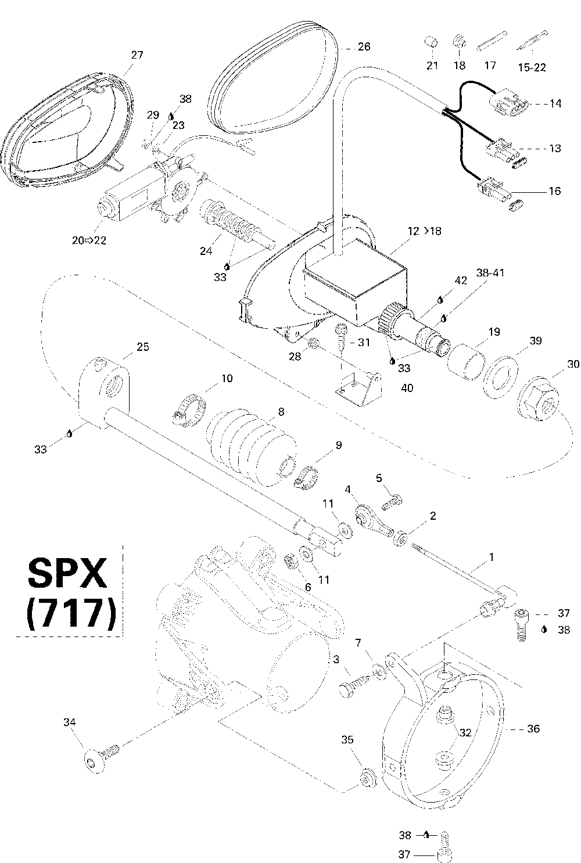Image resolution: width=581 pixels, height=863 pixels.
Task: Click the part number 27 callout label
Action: click(x=137, y=55)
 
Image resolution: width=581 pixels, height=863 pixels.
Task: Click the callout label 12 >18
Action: click(x=424, y=231)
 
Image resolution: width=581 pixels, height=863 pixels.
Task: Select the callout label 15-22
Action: click(x=532, y=67)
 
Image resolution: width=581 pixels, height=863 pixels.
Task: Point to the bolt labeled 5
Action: click(x=393, y=499)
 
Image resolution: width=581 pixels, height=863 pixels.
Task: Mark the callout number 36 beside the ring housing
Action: click(x=533, y=728)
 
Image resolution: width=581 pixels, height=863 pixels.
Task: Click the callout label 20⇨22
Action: click(x=89, y=240)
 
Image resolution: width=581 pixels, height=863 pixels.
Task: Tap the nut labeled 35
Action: click(x=367, y=776)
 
